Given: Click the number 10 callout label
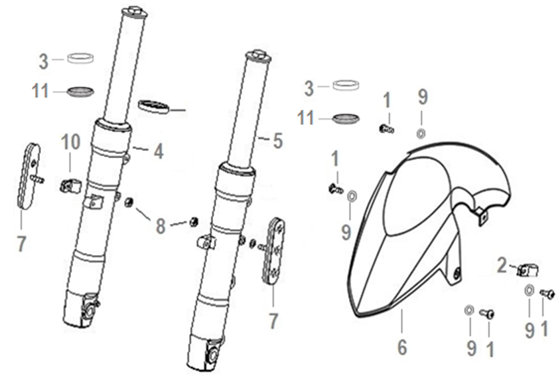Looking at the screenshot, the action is click(70, 142).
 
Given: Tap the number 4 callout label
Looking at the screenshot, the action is click(159, 151).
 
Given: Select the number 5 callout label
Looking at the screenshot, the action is click(278, 141).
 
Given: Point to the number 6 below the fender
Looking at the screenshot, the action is click(402, 347).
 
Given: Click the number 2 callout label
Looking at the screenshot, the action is click(502, 266).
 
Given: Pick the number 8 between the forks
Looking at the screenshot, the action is click(161, 227).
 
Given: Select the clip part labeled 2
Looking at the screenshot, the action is click(527, 270).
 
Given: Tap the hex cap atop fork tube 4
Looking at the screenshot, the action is click(134, 11).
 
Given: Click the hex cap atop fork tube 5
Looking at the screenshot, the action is click(257, 56).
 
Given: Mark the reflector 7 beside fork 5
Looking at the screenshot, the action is click(274, 250).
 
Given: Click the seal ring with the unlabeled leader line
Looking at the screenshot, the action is click(153, 106).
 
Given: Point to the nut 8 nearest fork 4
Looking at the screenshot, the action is click(128, 203).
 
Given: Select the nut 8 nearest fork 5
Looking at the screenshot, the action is click(193, 222).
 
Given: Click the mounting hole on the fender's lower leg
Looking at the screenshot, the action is click(456, 274).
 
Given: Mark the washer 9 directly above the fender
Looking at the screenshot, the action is click(421, 134).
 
